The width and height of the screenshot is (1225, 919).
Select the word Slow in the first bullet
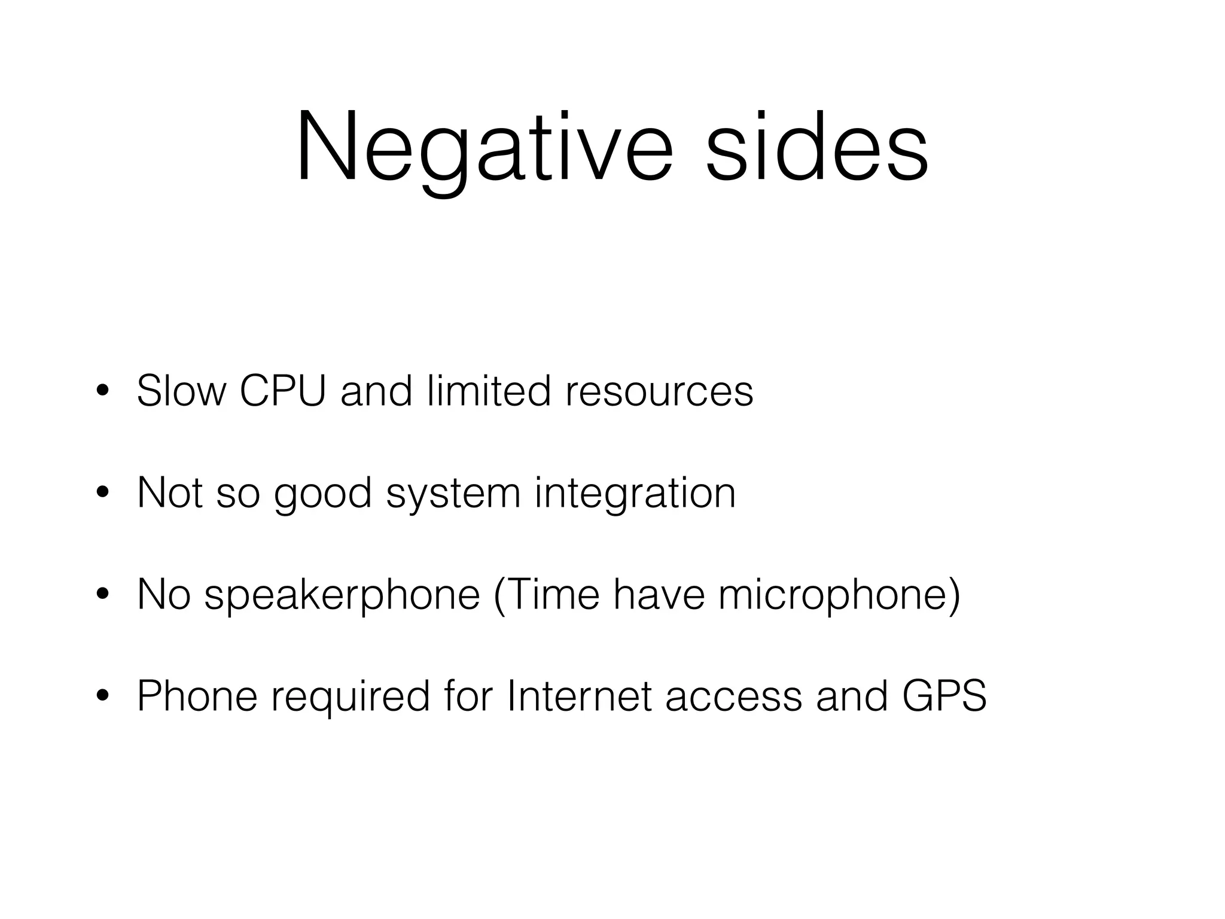pyautogui.click(x=181, y=391)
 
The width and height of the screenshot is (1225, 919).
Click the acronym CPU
pyautogui.click(x=283, y=391)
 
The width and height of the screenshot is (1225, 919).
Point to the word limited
pyautogui.click(x=489, y=391)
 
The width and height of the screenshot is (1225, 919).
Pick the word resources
pyautogui.click(x=659, y=391)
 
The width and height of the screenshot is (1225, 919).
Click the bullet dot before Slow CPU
pyautogui.click(x=102, y=392)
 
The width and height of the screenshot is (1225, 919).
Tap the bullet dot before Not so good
pyautogui.click(x=102, y=494)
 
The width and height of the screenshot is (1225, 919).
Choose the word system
pyautogui.click(x=453, y=494)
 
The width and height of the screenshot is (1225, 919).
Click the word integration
pyautogui.click(x=635, y=494)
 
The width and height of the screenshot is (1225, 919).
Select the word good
pyautogui.click(x=322, y=494)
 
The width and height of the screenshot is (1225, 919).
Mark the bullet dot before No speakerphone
pyautogui.click(x=102, y=595)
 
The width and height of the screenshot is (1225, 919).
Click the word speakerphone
pyautogui.click(x=342, y=596)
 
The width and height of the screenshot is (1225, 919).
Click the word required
pyautogui.click(x=351, y=698)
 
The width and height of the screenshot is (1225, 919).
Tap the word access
pyautogui.click(x=733, y=698)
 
